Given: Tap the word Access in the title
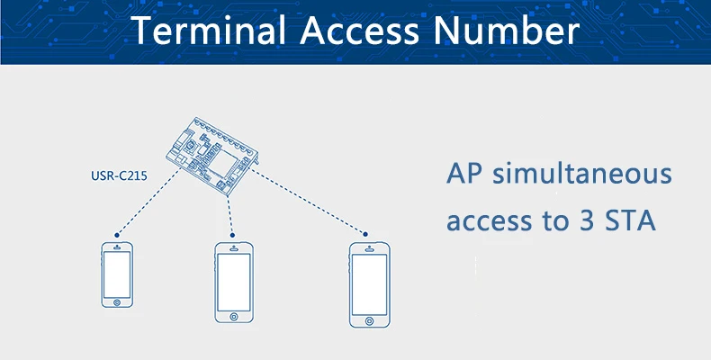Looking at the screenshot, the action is point(359,30).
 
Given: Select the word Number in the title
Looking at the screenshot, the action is point(507,30).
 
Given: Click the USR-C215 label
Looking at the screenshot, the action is point(120,175).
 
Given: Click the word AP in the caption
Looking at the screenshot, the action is point(463,173).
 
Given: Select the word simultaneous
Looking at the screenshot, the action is point(582,174).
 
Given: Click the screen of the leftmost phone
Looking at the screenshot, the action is point(117,274).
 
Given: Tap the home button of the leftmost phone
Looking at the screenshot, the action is point(117,302).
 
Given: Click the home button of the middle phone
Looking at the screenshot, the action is point(233,317).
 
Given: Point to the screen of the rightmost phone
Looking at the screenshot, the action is point(370,284).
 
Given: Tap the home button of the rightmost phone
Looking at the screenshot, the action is point(370,321).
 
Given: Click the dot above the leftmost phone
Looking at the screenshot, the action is point(117,235).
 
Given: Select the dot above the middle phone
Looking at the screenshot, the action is point(232,235).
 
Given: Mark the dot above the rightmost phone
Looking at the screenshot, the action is point(365,234).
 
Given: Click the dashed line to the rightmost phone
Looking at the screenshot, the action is point(309,201).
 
